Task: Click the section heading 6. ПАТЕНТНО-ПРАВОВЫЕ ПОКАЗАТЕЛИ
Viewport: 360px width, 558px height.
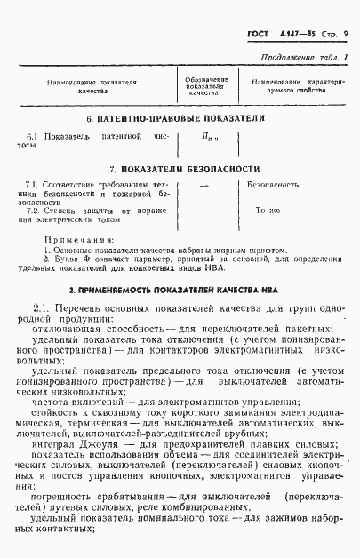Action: (x=178, y=119)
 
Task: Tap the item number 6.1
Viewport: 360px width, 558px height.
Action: (x=32, y=136)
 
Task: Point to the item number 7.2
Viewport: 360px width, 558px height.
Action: (x=35, y=211)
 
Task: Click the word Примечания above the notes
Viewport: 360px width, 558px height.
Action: (x=78, y=240)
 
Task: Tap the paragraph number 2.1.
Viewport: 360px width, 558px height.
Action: (x=42, y=308)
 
